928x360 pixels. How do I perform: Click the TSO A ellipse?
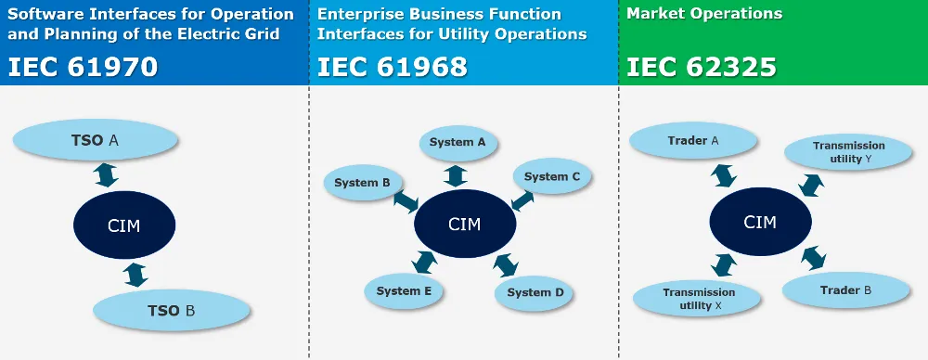point(97,141)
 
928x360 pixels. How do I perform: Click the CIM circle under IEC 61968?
point(464,225)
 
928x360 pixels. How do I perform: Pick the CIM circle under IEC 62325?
point(760,223)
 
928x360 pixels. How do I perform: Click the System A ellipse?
point(458,143)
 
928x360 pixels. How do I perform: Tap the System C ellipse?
point(552,176)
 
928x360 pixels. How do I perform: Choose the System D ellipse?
point(535,293)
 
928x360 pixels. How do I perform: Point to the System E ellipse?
point(405,291)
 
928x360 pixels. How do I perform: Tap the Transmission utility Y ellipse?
point(849,152)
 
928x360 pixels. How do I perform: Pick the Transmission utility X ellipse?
point(696,299)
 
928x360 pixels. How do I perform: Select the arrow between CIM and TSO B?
point(136,275)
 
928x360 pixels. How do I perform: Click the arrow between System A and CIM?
point(456,174)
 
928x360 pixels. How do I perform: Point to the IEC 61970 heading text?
point(84,67)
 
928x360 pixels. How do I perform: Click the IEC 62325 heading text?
point(702,67)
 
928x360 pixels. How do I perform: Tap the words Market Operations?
point(704,14)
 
